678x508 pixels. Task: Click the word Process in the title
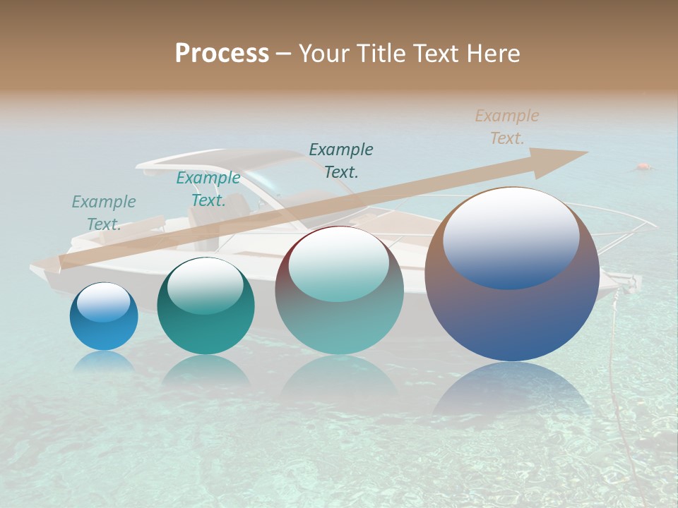pyautogui.click(x=222, y=54)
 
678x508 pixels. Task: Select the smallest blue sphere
pyautogui.click(x=104, y=317)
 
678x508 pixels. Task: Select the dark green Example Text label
pyautogui.click(x=341, y=160)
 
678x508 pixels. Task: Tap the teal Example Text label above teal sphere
pyautogui.click(x=208, y=189)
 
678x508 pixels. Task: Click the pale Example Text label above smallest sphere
pyautogui.click(x=104, y=213)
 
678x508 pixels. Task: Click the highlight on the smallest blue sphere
pyautogui.click(x=103, y=302)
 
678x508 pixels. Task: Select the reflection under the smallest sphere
pyautogui.click(x=104, y=361)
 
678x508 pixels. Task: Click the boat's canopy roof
pyautogui.click(x=212, y=159)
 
